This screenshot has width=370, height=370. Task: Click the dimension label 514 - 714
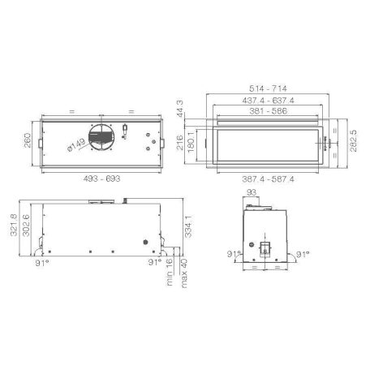click(268, 88)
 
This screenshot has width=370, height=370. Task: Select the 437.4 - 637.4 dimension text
click(268, 101)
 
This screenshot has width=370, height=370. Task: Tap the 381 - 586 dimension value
click(268, 111)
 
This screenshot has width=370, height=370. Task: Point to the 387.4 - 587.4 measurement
click(268, 179)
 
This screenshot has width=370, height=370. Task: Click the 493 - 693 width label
click(101, 179)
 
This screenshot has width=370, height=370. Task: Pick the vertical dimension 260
click(28, 140)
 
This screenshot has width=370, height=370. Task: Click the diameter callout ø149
click(76, 145)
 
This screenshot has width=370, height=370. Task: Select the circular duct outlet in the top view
click(101, 137)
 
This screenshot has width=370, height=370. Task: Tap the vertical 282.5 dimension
click(354, 141)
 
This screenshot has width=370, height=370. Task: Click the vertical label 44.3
click(180, 109)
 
